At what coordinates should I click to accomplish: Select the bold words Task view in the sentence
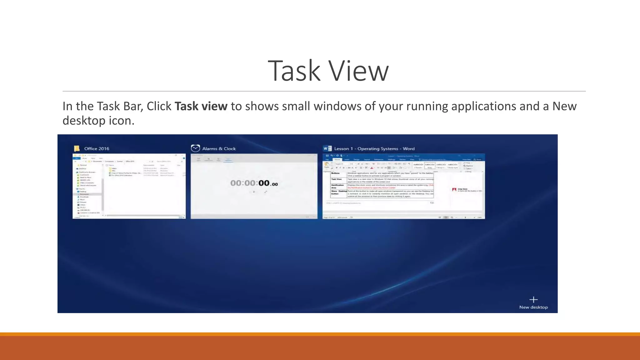201,106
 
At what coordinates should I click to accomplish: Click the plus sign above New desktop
533,300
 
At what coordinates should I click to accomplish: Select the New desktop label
533,307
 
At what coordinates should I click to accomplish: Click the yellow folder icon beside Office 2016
77,148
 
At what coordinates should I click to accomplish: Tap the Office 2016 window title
97,149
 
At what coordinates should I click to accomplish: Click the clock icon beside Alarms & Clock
195,148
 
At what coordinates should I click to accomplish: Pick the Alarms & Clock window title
219,149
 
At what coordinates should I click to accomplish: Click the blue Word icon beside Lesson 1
327,148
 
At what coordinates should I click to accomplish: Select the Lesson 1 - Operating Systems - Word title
374,149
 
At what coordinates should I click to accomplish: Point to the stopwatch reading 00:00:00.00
254,183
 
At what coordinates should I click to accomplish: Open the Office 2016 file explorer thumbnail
129,186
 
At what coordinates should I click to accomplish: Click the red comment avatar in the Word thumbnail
454,190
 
